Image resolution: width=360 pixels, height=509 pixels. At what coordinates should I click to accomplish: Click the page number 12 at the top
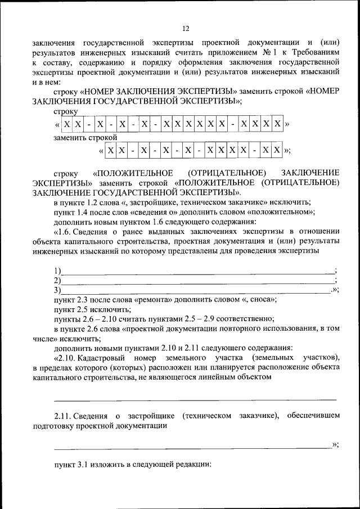[186, 29]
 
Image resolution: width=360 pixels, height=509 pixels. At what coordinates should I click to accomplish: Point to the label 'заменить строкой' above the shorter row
[85, 137]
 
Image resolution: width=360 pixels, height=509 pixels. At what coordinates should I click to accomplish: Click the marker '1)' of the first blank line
[57, 271]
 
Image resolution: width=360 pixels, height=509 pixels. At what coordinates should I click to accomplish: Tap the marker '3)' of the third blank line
[57, 290]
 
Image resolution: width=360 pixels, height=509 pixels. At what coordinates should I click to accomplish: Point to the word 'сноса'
[262, 300]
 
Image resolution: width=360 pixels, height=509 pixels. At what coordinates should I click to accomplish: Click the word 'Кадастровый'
[105, 358]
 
